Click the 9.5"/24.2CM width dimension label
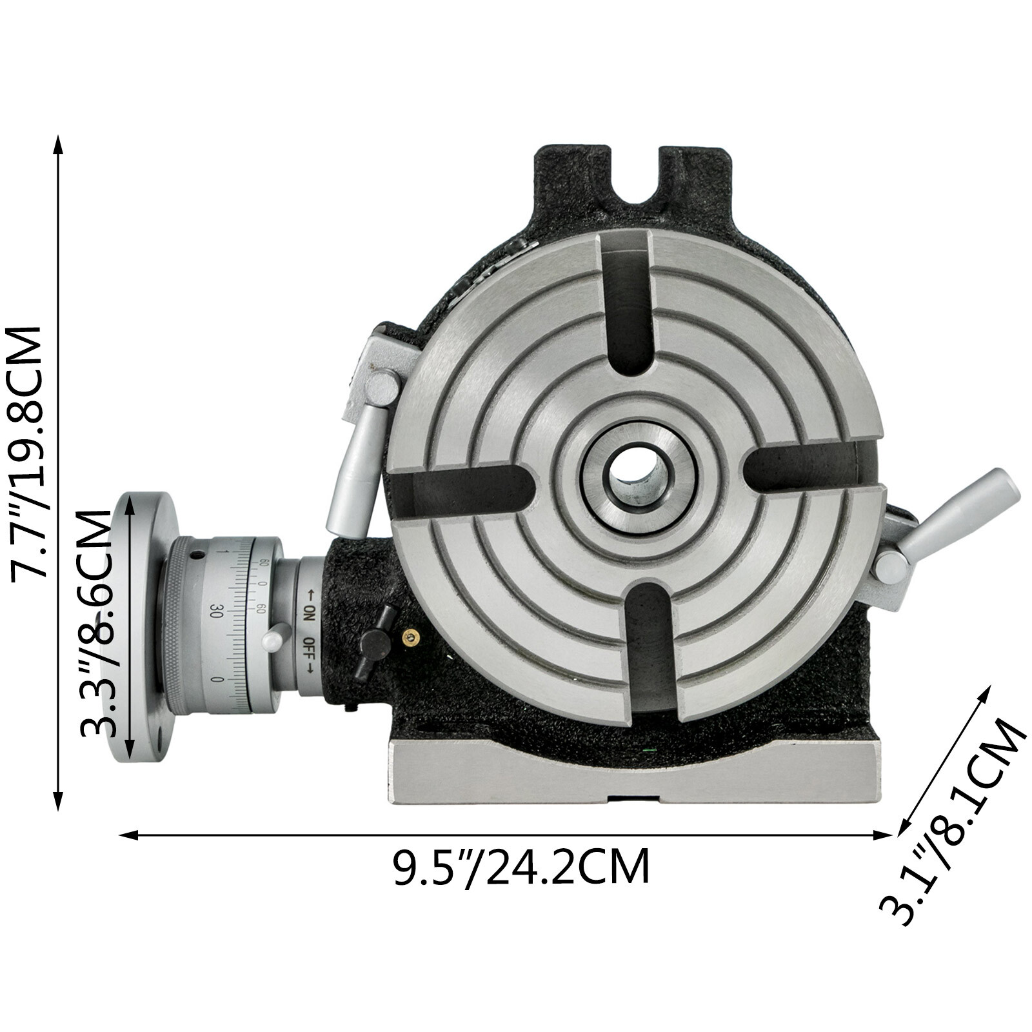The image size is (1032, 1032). [521, 868]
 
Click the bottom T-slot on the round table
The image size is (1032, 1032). [651, 651]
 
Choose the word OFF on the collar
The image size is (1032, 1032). [310, 647]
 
